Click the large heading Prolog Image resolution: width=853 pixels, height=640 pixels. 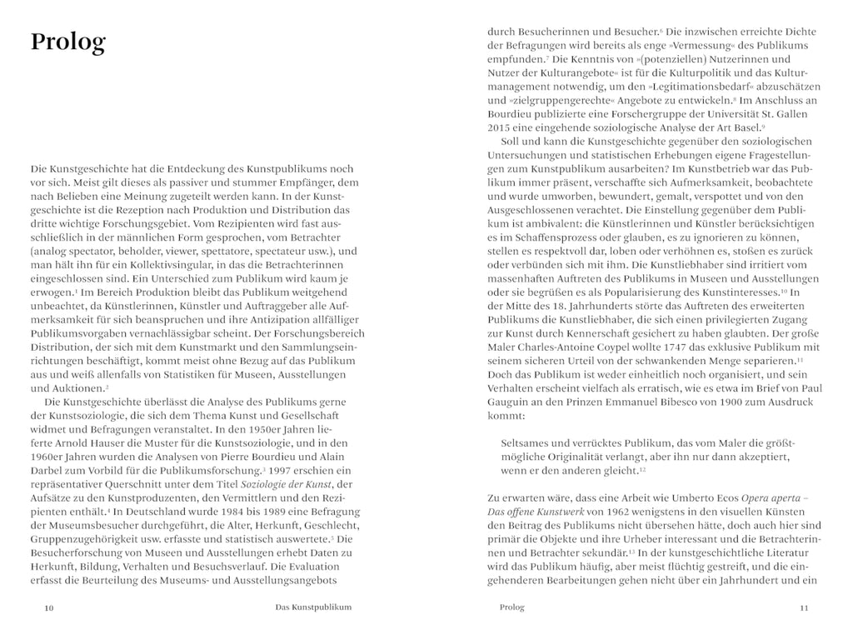tap(67, 42)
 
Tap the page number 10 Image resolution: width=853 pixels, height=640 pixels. tap(48, 608)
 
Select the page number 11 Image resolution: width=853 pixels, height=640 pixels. tap(804, 608)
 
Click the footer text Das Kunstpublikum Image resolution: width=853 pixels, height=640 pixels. tap(313, 607)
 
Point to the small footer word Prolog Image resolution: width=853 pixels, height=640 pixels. tap(511, 607)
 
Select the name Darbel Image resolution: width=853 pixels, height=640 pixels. tap(48, 470)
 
